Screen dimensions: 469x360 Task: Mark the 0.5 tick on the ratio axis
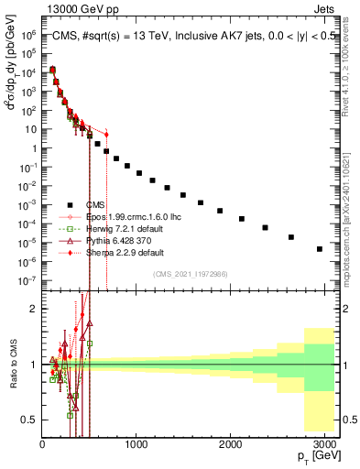click(x=30, y=420)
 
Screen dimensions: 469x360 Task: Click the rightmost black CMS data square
click(x=320, y=248)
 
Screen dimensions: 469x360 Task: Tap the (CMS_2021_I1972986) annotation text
click(x=190, y=274)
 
